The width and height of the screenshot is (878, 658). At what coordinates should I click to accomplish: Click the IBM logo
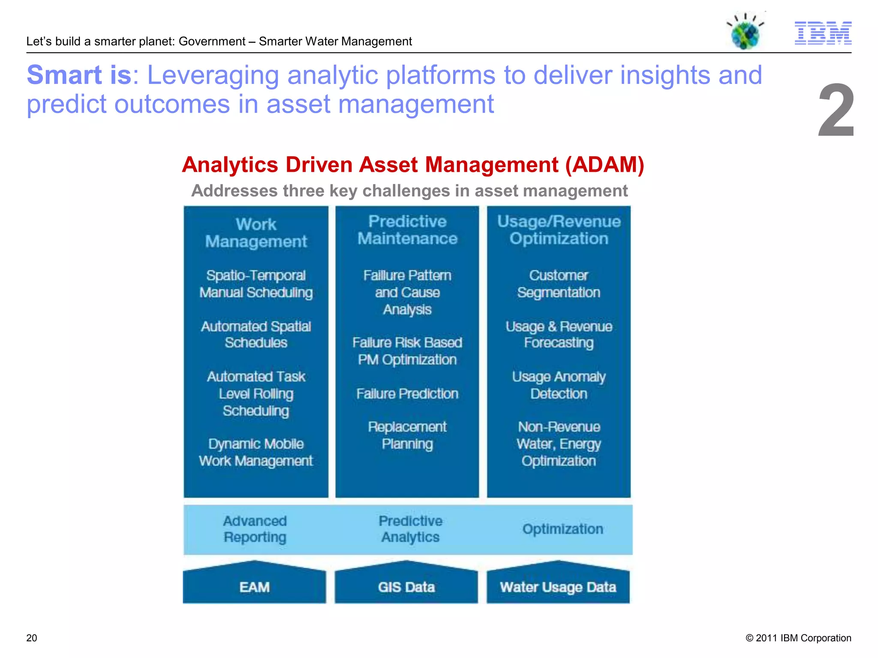[x=823, y=33]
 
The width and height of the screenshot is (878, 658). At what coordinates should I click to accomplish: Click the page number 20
[x=32, y=638]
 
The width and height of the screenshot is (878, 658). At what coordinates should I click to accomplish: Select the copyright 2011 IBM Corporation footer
[x=798, y=638]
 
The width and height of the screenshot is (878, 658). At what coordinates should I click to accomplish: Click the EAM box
[x=255, y=587]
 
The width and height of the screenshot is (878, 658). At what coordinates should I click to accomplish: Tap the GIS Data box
[x=406, y=587]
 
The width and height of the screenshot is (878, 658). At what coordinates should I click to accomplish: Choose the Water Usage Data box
[x=558, y=587]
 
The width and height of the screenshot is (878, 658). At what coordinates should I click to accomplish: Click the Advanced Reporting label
[x=255, y=529]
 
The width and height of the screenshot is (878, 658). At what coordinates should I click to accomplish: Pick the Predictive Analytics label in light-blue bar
[x=410, y=529]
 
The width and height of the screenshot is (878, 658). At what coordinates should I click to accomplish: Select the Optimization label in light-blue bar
[x=562, y=529]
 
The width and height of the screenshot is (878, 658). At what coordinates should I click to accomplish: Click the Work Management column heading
[x=256, y=233]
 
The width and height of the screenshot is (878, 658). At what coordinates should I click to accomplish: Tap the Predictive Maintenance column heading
[x=407, y=230]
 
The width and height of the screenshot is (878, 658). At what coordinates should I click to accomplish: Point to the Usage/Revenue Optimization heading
[x=559, y=230]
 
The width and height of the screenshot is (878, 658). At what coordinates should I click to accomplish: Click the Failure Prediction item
[x=407, y=394]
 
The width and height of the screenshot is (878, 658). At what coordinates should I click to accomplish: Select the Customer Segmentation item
[x=559, y=284]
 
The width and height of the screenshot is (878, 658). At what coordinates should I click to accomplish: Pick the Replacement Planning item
[x=407, y=435]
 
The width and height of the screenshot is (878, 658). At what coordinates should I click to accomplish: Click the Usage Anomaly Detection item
[x=559, y=385]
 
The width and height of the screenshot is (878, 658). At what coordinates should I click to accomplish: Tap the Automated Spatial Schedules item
[x=256, y=335]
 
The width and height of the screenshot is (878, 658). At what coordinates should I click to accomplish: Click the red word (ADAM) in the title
[x=604, y=165]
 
